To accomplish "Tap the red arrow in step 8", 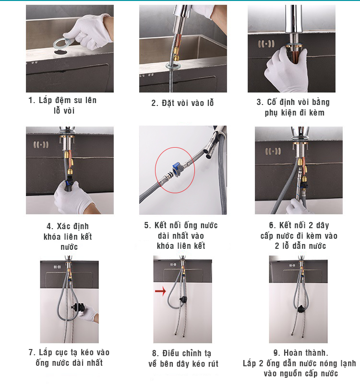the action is (x=160, y=291).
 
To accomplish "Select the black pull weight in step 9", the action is (x=300, y=309).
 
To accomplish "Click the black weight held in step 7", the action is (x=78, y=307).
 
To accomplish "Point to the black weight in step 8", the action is (x=183, y=299).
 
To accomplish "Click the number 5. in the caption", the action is (x=148, y=225).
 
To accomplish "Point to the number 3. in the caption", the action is (x=260, y=102).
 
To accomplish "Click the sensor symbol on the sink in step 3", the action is (x=266, y=44).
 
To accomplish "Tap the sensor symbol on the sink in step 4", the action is (x=41, y=145).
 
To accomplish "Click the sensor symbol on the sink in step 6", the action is (x=273, y=151).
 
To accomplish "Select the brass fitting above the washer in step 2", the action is (x=177, y=56).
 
